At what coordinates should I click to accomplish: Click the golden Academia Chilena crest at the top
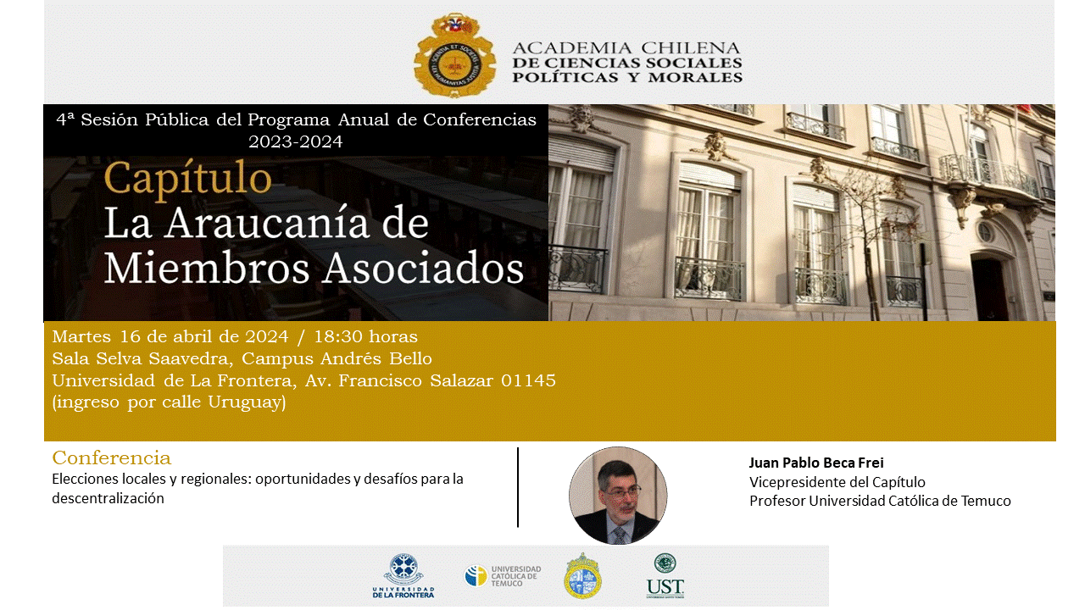pyautogui.click(x=454, y=55)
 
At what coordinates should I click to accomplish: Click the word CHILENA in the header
pyautogui.click(x=691, y=48)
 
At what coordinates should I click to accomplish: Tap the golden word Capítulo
pyautogui.click(x=187, y=179)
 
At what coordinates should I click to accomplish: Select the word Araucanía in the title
pyautogui.click(x=267, y=223)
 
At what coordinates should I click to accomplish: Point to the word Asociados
pyautogui.click(x=424, y=268)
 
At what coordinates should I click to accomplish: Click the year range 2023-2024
pyautogui.click(x=296, y=141)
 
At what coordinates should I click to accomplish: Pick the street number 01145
pyautogui.click(x=528, y=380)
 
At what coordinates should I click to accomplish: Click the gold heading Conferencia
pyautogui.click(x=111, y=458)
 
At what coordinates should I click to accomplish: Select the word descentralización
pyautogui.click(x=108, y=498)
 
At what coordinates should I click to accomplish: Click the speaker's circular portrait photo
pyautogui.click(x=618, y=496)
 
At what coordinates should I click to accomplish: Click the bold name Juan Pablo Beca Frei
pyautogui.click(x=816, y=463)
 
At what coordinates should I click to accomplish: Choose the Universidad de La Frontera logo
pyautogui.click(x=403, y=575)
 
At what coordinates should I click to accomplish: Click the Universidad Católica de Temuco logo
pyautogui.click(x=503, y=576)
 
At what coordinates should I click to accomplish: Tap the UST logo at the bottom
pyautogui.click(x=665, y=576)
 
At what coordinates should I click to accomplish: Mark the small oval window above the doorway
pyautogui.click(x=985, y=232)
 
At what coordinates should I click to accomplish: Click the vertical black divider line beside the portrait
pyautogui.click(x=518, y=487)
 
